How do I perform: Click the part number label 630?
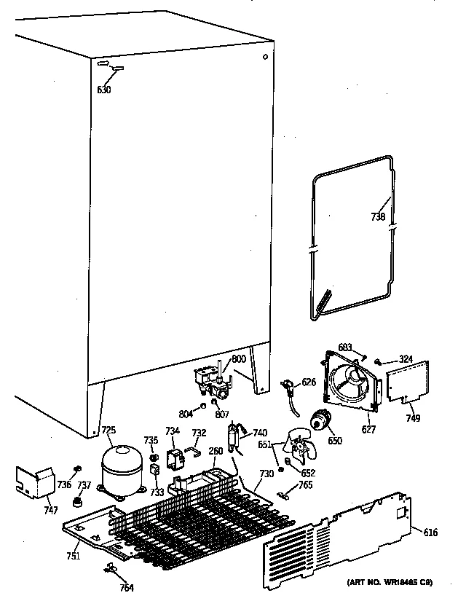click(x=104, y=91)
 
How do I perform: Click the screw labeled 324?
click(x=379, y=361)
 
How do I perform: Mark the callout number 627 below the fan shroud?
click(x=368, y=430)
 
